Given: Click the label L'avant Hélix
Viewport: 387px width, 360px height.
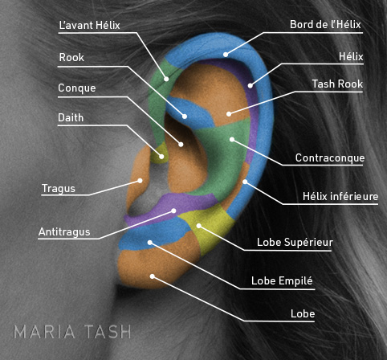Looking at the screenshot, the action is tap(89, 25).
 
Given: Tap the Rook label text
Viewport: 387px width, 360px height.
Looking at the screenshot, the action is tap(71, 57).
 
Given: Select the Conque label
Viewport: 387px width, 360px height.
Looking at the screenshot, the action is tap(77, 88).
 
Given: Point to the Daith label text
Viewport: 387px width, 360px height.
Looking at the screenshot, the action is tap(71, 117).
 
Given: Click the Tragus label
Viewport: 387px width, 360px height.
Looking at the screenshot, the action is tap(59, 189).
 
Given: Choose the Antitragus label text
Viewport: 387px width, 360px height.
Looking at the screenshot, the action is tap(64, 231).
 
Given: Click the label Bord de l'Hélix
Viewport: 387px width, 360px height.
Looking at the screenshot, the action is tap(325, 25).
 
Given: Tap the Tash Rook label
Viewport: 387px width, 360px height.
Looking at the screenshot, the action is tap(337, 84).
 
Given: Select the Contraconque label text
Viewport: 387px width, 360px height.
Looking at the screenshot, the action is tap(330, 157).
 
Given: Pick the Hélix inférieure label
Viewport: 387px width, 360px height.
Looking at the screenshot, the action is tap(340, 196).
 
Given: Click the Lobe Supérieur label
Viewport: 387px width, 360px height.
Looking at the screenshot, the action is tap(295, 243).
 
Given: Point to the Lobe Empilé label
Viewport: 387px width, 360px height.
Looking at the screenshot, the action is tap(282, 281).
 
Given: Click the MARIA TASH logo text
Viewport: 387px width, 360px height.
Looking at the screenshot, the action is tap(72, 332).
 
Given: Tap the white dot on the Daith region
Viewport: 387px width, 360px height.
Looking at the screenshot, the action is tap(161, 157).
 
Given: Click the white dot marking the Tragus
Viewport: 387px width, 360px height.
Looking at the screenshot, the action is tap(140, 181).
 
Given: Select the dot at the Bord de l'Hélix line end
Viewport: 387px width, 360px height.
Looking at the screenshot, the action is tap(226, 55).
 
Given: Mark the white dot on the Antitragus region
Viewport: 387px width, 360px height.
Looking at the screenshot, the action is tap(173, 211).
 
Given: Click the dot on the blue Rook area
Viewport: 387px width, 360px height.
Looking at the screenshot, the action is tap(185, 117).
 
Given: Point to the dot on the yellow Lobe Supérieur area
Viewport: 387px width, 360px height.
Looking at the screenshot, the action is tap(199, 226).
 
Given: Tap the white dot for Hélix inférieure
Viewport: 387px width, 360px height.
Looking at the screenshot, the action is tap(245, 182).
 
